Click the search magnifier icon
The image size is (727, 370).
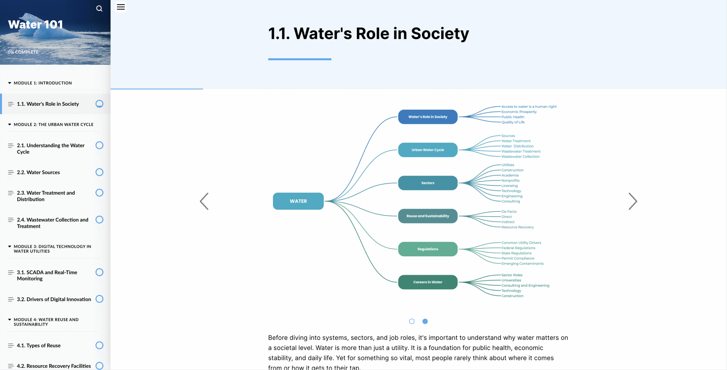[x=99, y=9]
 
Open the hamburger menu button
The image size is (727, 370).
[x=121, y=7]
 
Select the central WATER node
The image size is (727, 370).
[x=298, y=201]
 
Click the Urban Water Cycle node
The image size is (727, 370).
[x=427, y=150]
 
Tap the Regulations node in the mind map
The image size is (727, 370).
[x=427, y=249]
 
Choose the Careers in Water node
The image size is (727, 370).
[x=427, y=282]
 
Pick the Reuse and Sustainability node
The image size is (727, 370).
[x=427, y=216]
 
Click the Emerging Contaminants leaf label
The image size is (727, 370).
[x=522, y=264]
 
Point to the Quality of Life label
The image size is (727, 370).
[x=513, y=122]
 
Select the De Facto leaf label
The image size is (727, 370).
[x=509, y=211]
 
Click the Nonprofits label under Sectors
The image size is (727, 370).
[x=510, y=180]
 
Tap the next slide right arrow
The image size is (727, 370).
[x=633, y=201]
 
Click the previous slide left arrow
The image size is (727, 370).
[x=204, y=201]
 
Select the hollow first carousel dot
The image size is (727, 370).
[x=411, y=321]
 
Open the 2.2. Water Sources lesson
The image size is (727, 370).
[x=38, y=172]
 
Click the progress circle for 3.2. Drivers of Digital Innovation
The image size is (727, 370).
[x=99, y=299]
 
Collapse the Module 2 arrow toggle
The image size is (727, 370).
[x=10, y=124]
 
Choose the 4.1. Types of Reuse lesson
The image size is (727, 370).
[x=39, y=346]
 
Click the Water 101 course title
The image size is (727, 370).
[x=35, y=24]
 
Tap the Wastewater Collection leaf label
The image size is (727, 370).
[x=520, y=157]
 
